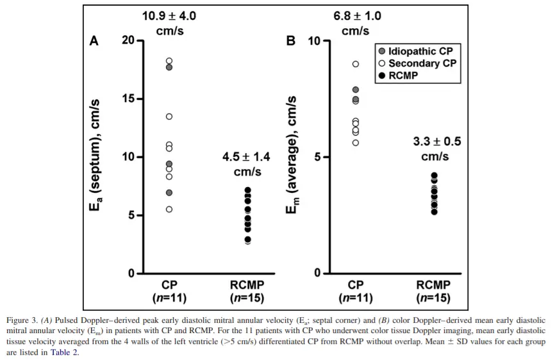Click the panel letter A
[94, 41]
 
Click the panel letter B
[291, 41]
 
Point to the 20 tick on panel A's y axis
[128, 41]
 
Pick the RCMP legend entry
[404, 76]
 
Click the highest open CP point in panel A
[169, 61]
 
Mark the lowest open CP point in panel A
[169, 209]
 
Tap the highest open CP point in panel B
[356, 64]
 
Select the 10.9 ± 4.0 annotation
[169, 16]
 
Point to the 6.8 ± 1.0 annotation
[356, 16]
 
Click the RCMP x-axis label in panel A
[247, 285]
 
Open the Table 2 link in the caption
[64, 352]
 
